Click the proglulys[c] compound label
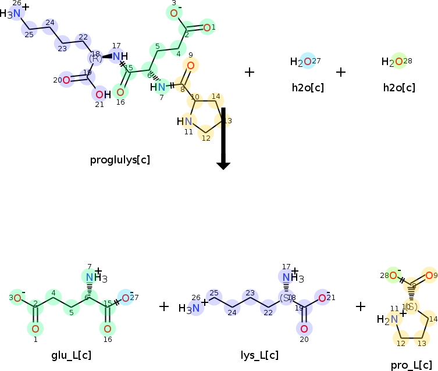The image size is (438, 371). pos(120,159)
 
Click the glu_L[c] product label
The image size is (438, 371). pos(71,355)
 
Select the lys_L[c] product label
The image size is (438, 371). pos(259,355)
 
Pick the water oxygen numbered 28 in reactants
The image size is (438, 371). pos(399,61)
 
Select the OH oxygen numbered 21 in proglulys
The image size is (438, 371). pos(99,94)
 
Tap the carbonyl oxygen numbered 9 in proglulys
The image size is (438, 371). pos(190,65)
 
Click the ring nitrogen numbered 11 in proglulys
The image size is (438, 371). pos(187,121)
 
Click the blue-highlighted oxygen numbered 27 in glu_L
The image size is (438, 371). pos(125,298)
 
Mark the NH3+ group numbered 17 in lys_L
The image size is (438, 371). pos(287,277)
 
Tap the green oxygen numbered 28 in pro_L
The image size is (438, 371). pos(393,276)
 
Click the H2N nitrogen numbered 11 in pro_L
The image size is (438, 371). pos(394,318)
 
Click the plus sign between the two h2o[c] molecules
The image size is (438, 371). pos(341,72)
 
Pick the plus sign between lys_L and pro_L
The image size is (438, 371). pos(361,306)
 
